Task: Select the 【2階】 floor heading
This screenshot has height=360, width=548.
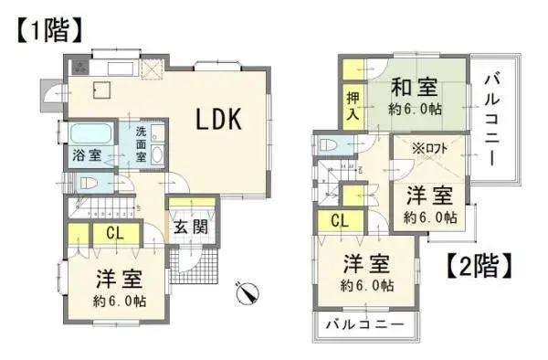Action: (479, 266)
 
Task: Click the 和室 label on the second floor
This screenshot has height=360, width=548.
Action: (413, 88)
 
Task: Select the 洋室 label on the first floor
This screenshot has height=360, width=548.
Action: (121, 280)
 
